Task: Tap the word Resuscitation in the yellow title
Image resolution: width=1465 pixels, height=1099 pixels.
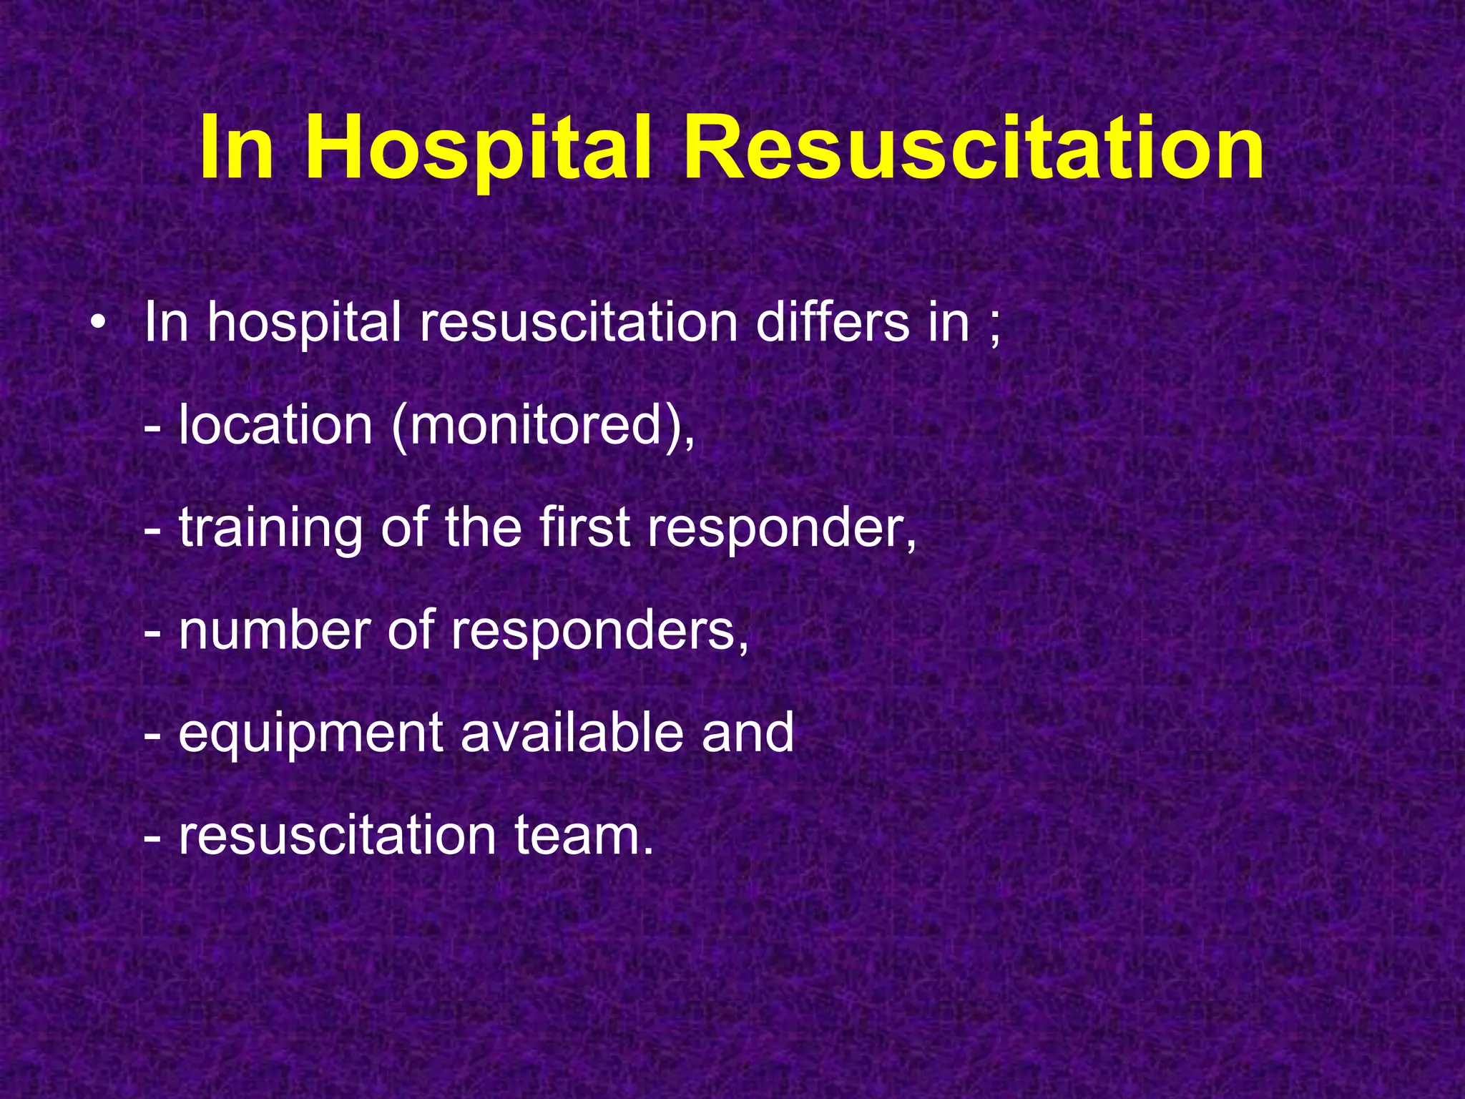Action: tap(973, 150)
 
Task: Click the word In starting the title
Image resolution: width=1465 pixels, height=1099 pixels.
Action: tap(237, 150)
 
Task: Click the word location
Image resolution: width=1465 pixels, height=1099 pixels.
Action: tap(275, 426)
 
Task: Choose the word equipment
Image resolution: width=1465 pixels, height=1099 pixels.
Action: tap(310, 734)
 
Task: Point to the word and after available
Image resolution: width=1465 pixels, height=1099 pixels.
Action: tap(748, 733)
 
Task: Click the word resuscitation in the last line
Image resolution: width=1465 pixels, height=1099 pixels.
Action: tap(337, 835)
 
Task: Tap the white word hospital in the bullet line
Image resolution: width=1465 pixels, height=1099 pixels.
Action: tap(304, 323)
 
